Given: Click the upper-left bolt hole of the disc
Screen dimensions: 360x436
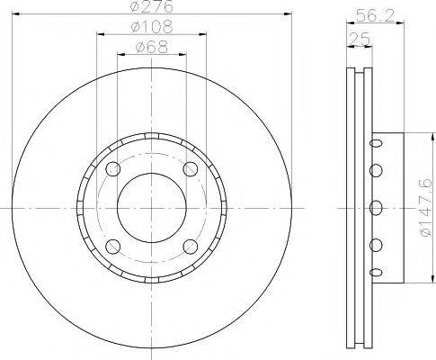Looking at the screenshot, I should point(112,170).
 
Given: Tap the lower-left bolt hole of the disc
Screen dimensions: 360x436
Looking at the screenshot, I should point(112,247).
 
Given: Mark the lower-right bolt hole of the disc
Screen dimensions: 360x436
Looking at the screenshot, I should point(190,247).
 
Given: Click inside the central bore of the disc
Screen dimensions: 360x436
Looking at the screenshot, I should point(151,208).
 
